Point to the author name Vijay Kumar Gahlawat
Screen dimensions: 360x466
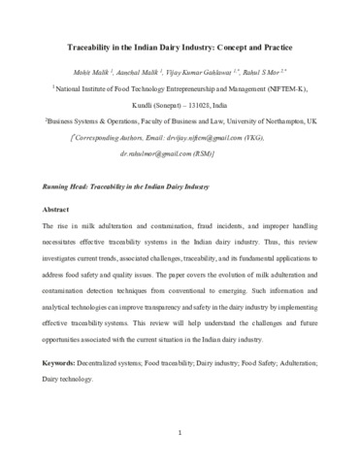coord(213,74)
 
